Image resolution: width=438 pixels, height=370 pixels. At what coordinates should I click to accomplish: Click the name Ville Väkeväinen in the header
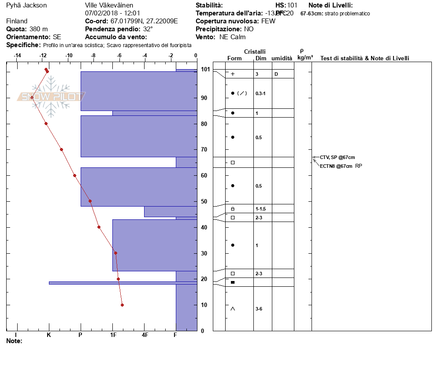click(x=109, y=5)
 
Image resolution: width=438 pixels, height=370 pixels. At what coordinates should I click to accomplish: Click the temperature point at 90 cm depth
click(x=32, y=97)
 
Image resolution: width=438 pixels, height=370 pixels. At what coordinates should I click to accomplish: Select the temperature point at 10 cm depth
click(x=122, y=305)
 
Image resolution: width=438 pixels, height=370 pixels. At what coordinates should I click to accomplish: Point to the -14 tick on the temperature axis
click(x=18, y=55)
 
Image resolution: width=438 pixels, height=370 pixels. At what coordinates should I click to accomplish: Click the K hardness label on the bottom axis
click(x=49, y=335)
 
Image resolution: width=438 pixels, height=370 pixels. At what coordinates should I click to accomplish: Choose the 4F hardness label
click(x=145, y=335)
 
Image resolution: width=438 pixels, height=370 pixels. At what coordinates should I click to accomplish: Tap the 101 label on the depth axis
click(x=205, y=69)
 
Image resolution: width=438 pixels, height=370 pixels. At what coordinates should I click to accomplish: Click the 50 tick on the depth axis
click(x=204, y=201)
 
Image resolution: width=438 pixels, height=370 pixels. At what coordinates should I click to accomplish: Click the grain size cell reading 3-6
click(x=259, y=309)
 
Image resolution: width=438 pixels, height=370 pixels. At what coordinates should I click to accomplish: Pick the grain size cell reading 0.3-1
click(x=261, y=93)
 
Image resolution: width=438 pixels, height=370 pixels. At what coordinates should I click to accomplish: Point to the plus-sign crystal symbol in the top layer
click(x=233, y=74)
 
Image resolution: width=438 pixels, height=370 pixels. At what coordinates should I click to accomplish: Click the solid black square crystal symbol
click(x=233, y=282)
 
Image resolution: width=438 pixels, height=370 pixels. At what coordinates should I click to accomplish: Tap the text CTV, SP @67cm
click(x=338, y=157)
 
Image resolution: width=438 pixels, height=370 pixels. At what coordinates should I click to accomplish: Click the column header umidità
click(x=282, y=59)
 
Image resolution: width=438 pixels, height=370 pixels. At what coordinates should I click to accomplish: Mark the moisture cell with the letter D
click(x=276, y=74)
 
